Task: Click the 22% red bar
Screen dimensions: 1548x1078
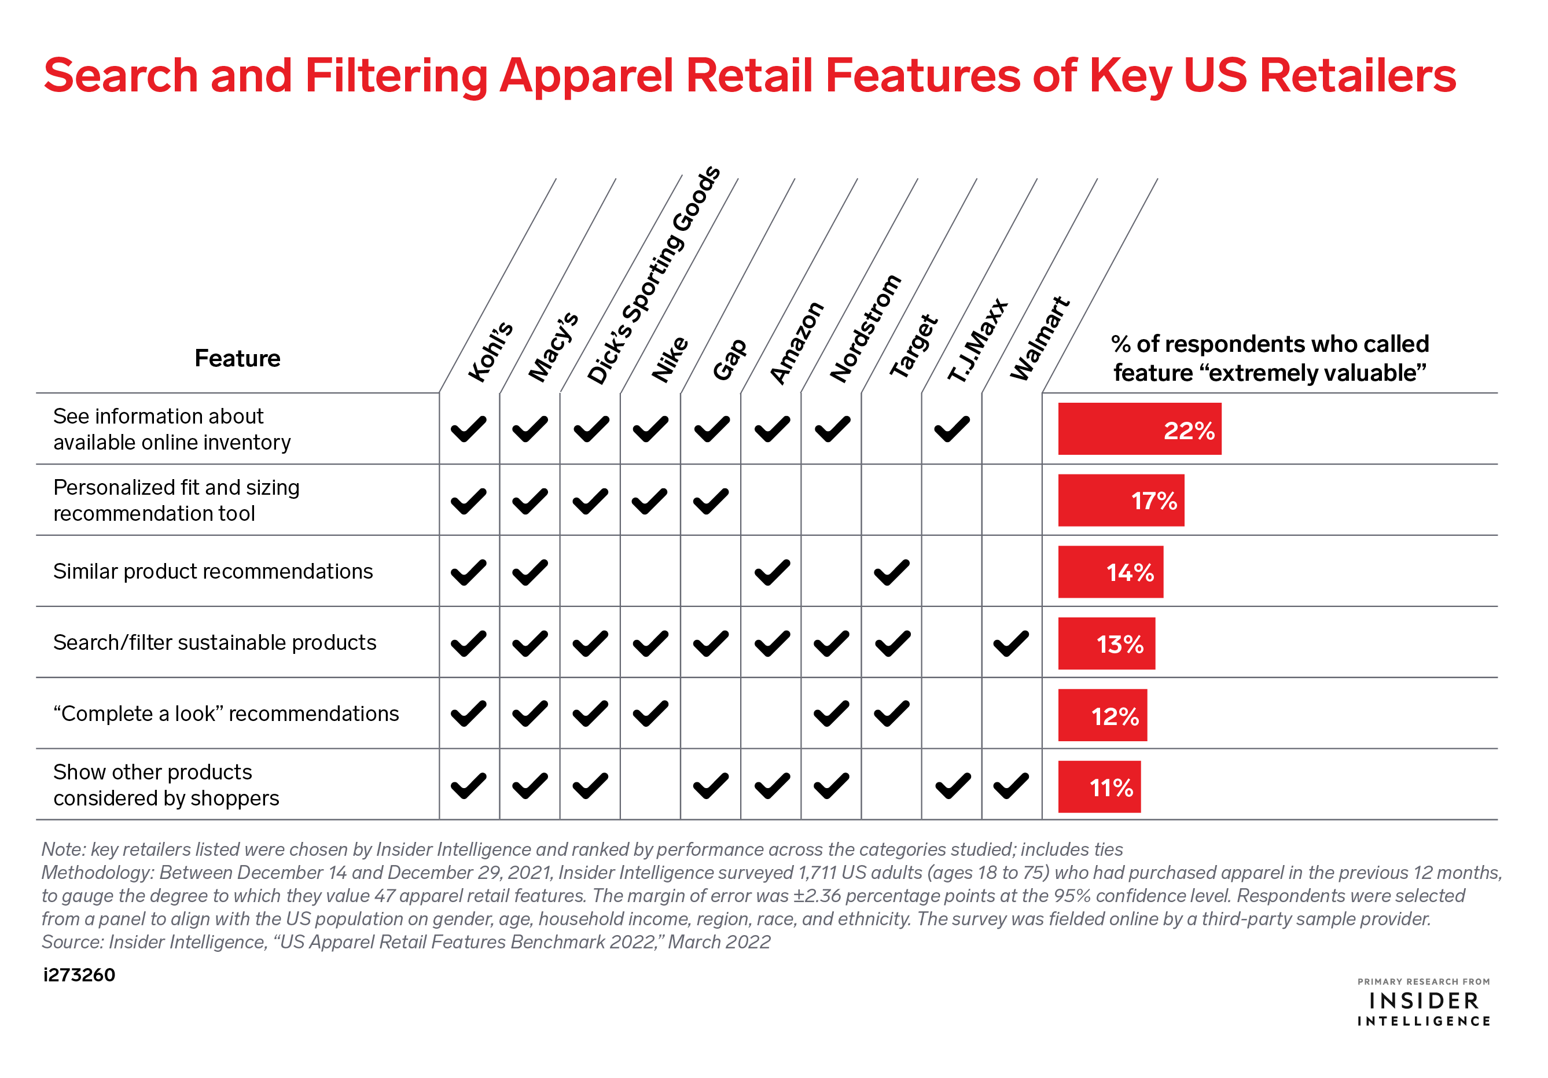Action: (1139, 429)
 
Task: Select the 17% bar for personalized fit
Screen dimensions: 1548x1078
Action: (1122, 501)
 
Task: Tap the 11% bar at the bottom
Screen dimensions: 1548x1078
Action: (1099, 787)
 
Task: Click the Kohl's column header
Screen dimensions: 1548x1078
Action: (491, 352)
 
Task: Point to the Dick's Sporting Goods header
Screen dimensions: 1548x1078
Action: (653, 275)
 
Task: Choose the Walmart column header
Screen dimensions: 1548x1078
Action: (1040, 339)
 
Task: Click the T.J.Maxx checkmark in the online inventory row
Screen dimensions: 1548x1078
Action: (951, 429)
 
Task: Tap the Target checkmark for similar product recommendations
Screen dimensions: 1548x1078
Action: (891, 572)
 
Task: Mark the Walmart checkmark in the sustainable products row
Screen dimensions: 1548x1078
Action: (1012, 643)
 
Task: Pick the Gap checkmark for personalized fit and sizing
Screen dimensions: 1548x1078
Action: (711, 501)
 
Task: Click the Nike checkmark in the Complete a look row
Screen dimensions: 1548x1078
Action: (650, 714)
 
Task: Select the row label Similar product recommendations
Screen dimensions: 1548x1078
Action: (213, 571)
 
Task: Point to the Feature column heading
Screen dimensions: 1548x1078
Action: (237, 358)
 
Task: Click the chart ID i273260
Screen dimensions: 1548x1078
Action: (79, 975)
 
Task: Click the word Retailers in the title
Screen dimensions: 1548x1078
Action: (1357, 75)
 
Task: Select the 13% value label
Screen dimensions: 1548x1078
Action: (1120, 645)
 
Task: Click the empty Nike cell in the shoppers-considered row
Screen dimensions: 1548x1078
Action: (650, 784)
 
